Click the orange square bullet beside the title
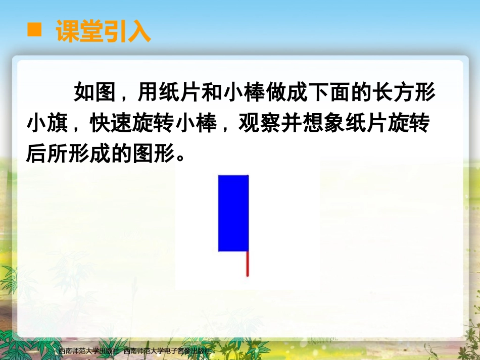pyautogui.click(x=34, y=30)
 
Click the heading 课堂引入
pyautogui.click(x=104, y=31)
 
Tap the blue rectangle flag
pyautogui.click(x=233, y=213)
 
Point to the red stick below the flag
pyautogui.click(x=248, y=264)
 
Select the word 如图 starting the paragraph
pyautogui.click(x=90, y=93)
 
